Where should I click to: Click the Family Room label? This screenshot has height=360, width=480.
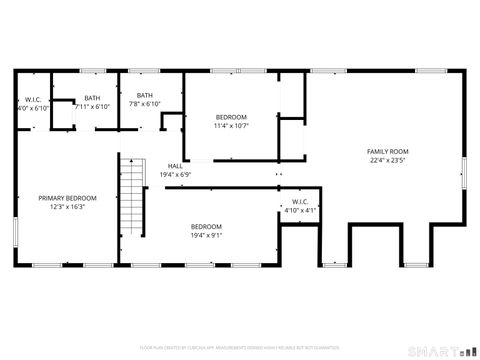(389, 151)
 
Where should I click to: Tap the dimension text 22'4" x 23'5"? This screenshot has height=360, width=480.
(389, 159)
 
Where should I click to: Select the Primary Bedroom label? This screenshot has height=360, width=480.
(68, 198)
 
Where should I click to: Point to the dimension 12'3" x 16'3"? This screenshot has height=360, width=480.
(68, 207)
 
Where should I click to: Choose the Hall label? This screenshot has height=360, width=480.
(175, 166)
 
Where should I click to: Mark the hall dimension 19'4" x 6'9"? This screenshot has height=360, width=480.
(175, 174)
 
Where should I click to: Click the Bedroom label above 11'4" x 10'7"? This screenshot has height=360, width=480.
(230, 117)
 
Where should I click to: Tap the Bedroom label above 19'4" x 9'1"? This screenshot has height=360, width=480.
(207, 226)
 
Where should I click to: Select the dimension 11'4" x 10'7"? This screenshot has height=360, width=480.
(230, 126)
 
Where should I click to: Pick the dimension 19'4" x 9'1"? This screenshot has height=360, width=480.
(207, 235)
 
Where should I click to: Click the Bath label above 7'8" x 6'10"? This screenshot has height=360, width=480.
(145, 95)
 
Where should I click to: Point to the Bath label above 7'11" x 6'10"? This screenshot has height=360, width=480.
(92, 98)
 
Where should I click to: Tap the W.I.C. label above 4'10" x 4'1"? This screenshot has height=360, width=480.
(300, 202)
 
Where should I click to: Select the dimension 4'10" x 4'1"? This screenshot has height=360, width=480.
(300, 211)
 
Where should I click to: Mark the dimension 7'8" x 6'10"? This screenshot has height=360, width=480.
(145, 104)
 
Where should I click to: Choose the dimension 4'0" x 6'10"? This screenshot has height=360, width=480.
(32, 107)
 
